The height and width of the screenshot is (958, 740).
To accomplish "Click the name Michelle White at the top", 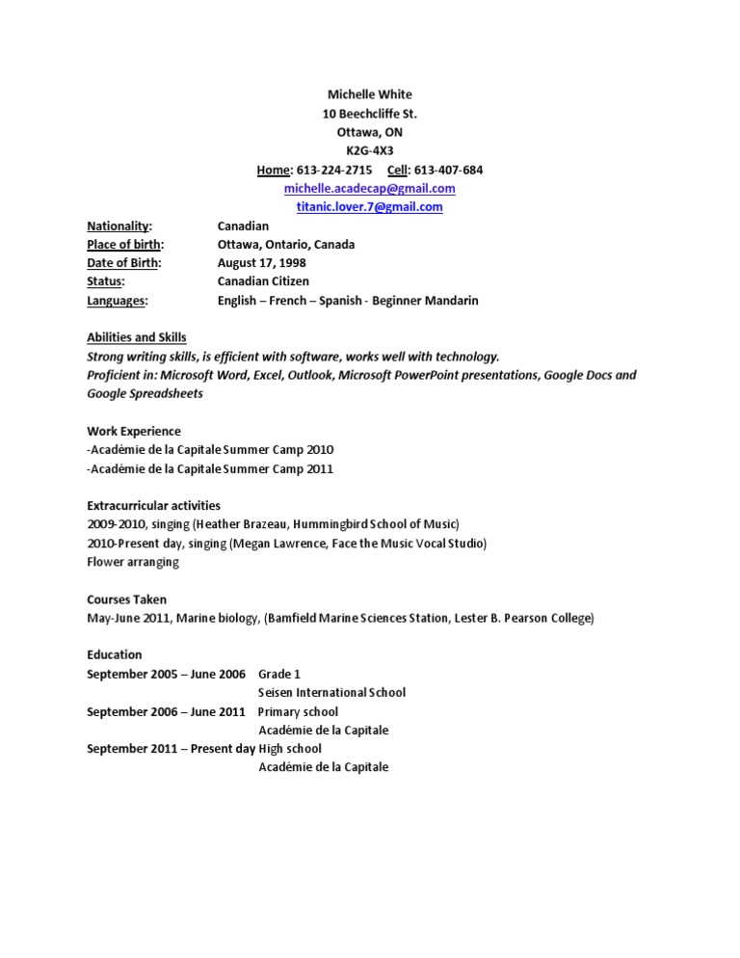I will tap(370, 94).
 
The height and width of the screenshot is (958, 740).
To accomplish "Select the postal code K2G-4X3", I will tap(370, 151).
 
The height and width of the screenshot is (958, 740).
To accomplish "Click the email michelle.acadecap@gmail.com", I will tap(370, 189).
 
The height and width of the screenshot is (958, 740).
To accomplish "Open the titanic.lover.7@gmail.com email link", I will tap(370, 207).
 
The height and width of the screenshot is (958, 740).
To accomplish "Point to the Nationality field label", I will tap(119, 226).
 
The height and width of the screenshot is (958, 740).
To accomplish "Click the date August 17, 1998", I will tap(263, 263).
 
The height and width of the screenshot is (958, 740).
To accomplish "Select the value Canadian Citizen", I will tap(263, 281).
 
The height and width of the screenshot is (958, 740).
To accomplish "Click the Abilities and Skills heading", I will tap(137, 337).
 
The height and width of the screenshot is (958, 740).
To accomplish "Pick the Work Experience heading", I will tap(134, 431).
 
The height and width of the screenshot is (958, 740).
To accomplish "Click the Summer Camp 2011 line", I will tap(210, 468).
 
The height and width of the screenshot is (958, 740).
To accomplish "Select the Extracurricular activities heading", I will tap(153, 505).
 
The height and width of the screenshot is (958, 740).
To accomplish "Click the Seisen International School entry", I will tap(331, 692).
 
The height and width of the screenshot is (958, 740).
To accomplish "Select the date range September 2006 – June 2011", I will tap(166, 711).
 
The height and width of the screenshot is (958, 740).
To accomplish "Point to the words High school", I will tap(290, 749).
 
